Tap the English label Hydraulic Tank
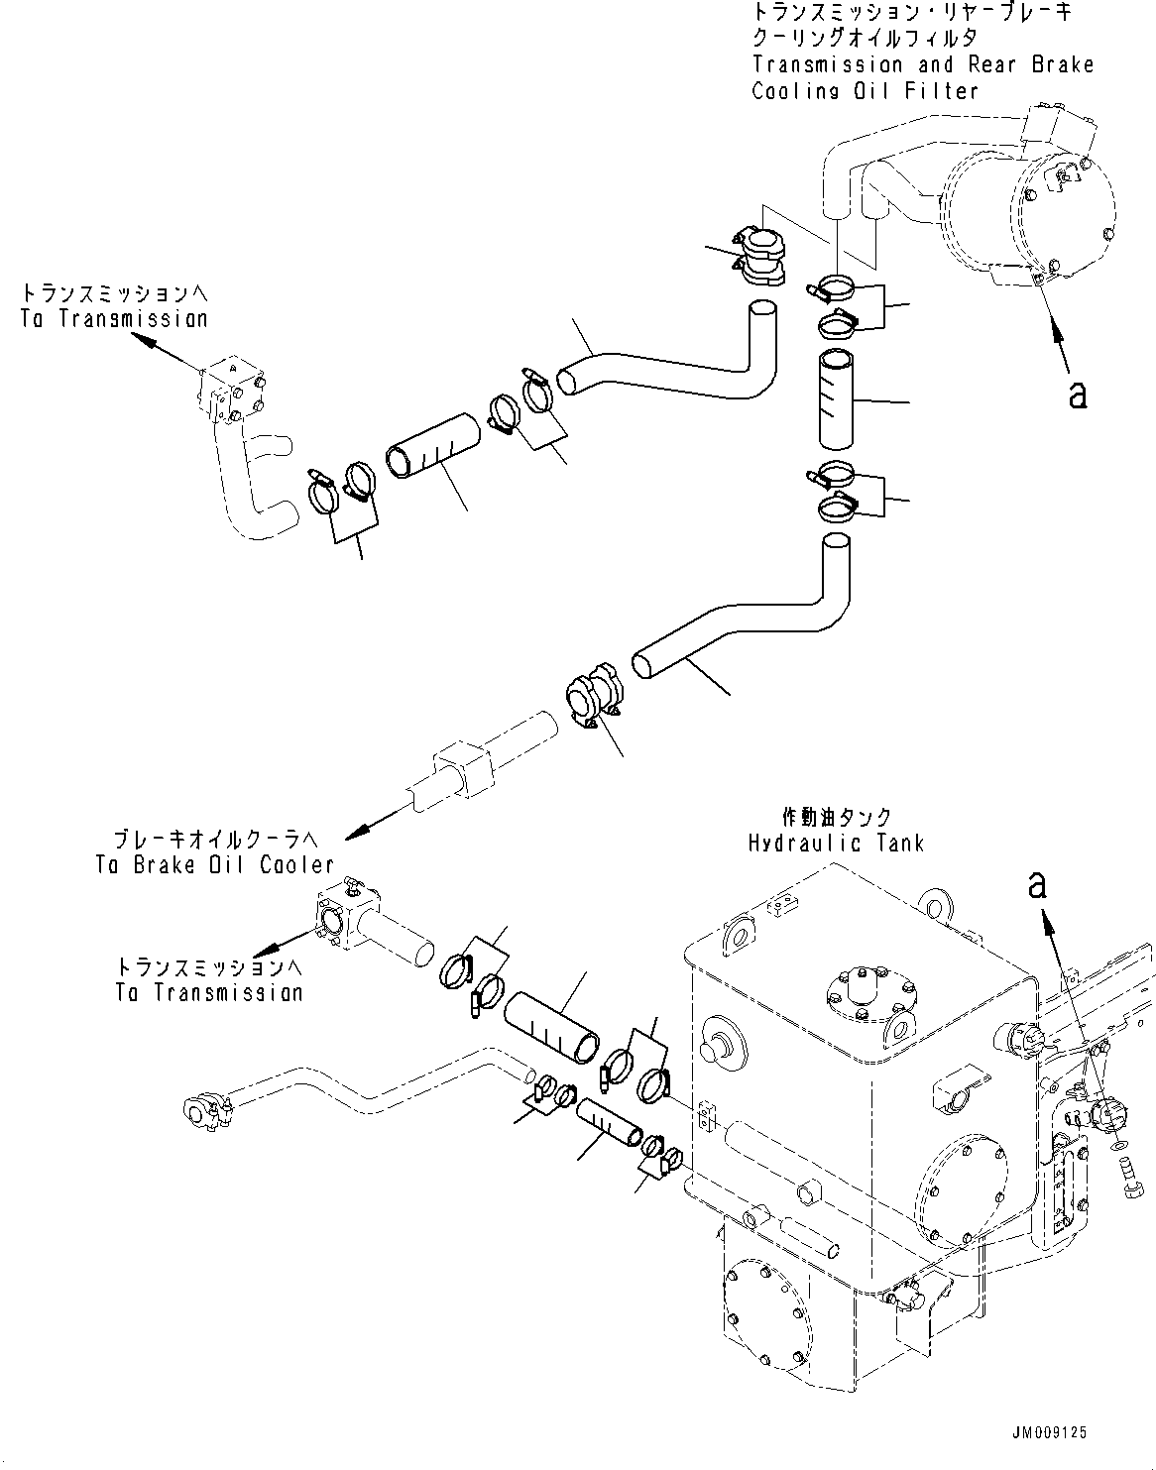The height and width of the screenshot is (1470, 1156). click(837, 843)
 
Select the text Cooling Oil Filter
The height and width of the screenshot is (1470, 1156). click(866, 91)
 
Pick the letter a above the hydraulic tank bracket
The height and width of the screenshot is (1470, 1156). click(1037, 885)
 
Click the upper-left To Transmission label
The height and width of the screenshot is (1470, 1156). click(115, 318)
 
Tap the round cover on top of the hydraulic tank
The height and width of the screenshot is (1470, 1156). click(868, 988)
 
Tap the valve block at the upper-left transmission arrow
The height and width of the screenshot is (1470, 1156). click(233, 389)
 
